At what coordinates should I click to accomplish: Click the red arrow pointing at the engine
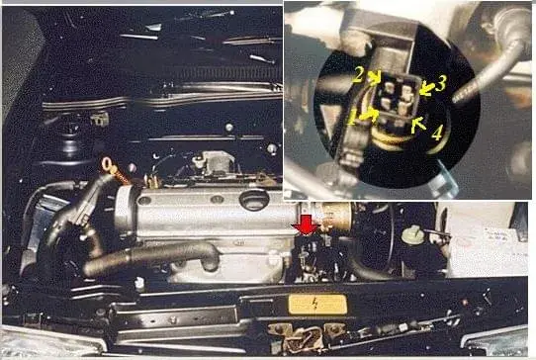pos(307,225)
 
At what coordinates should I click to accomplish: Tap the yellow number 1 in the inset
pos(351,119)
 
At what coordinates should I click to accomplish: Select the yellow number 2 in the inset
pos(358,75)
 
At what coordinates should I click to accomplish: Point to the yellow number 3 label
pos(441,83)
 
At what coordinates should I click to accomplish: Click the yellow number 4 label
pos(437,133)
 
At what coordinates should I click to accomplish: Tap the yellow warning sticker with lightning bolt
pos(317,305)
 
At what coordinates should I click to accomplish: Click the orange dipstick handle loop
pos(108,164)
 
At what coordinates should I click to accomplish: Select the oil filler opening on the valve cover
pos(254,200)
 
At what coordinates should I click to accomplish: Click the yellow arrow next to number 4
pos(418,126)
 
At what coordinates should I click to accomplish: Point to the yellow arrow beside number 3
pos(427,88)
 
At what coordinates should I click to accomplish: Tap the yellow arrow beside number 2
pos(376,77)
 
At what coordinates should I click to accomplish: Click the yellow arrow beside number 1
pos(369,115)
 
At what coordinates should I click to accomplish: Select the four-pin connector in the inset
pos(396,99)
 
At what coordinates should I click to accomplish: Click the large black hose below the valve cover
pos(150,258)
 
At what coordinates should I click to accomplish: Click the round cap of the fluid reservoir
pos(413,234)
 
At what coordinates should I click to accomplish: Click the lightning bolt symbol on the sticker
pos(315,304)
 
